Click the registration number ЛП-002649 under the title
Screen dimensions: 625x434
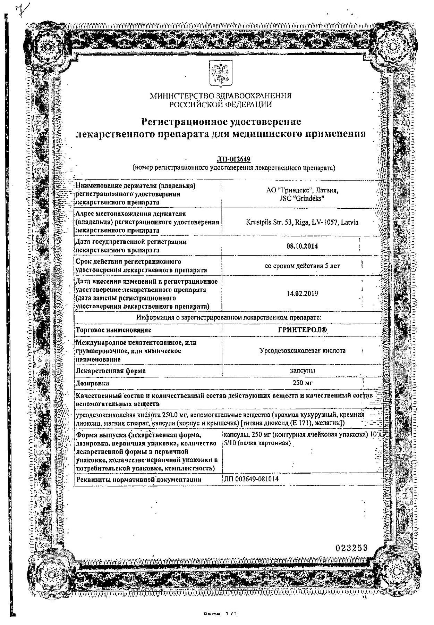[233, 159]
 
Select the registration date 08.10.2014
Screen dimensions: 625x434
[302, 246]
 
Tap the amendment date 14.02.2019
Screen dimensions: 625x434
[302, 294]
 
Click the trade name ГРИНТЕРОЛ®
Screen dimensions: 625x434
[302, 330]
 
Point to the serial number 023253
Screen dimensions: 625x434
[351, 548]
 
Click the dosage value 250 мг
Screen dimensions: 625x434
[302, 383]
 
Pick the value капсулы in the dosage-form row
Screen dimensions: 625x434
[302, 370]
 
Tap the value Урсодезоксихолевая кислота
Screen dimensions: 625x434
[302, 351]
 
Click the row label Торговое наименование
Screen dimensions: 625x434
[113, 330]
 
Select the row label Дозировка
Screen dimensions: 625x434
[92, 383]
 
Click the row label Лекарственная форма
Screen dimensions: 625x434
[110, 371]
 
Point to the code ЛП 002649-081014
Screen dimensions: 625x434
[251, 479]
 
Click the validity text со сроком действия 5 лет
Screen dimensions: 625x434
[302, 266]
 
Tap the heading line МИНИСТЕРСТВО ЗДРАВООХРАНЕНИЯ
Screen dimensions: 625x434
[221, 96]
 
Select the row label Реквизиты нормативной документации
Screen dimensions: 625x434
[138, 480]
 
